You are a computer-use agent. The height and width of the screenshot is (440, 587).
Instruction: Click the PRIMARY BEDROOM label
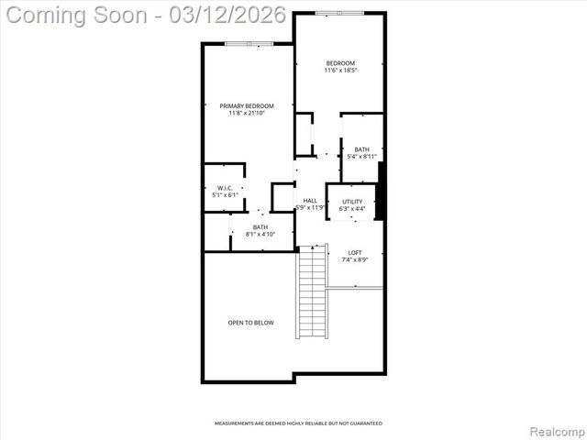[x=247, y=106]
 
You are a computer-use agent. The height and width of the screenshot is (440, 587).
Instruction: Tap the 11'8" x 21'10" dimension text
[x=247, y=114]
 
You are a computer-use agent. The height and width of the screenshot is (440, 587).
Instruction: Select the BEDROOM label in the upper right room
[x=340, y=63]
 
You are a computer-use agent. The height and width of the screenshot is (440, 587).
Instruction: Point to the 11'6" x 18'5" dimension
[x=340, y=71]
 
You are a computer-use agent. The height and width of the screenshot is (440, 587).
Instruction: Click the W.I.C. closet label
[x=225, y=188]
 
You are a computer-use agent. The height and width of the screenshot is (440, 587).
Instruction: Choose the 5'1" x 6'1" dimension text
[x=225, y=195]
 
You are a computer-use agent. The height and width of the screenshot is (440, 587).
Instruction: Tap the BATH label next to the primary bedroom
[x=260, y=227]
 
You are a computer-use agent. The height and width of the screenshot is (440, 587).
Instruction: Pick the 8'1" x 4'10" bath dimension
[x=260, y=235]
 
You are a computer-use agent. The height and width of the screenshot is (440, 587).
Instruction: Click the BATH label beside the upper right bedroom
[x=362, y=149]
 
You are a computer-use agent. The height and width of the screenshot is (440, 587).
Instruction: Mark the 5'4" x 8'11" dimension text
[x=362, y=157]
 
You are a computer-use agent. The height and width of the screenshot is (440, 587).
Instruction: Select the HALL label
[x=310, y=201]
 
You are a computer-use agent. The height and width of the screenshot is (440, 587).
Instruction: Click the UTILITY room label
[x=352, y=202]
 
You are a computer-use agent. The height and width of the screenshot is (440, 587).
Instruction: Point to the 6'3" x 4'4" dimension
[x=352, y=209]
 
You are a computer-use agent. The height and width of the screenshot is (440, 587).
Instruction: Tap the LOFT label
[x=355, y=252]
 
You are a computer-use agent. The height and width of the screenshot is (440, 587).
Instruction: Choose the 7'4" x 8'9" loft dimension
[x=355, y=259]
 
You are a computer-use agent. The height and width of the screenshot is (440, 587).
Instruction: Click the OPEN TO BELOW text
[x=251, y=323]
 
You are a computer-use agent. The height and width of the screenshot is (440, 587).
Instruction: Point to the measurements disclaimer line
[x=298, y=423]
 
